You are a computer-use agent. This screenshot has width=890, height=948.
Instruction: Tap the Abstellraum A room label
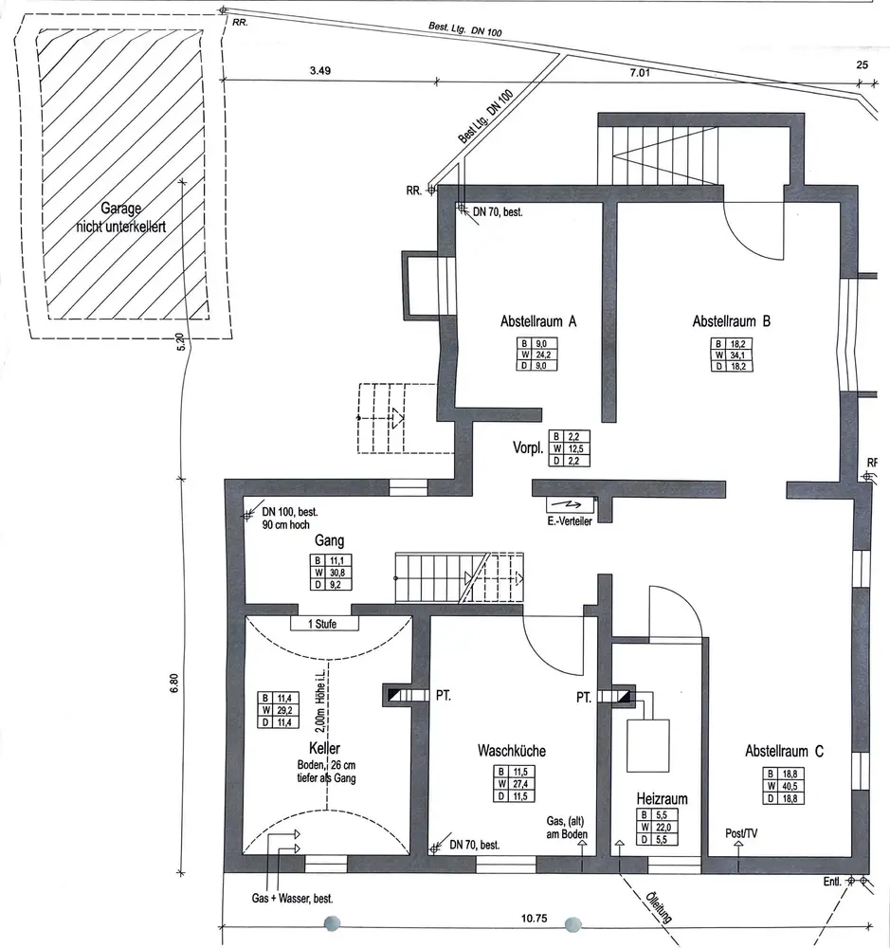click(538, 321)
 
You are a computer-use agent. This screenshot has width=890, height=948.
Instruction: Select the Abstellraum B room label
click(731, 321)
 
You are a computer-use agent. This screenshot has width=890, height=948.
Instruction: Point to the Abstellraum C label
click(784, 752)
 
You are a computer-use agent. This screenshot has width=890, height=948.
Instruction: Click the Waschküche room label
click(511, 751)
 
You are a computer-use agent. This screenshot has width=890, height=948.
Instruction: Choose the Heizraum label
click(661, 799)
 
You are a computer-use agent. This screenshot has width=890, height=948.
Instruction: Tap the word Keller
click(324, 749)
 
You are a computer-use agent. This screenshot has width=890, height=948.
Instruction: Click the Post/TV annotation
click(741, 833)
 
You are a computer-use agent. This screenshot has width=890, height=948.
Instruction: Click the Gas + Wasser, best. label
click(292, 896)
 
